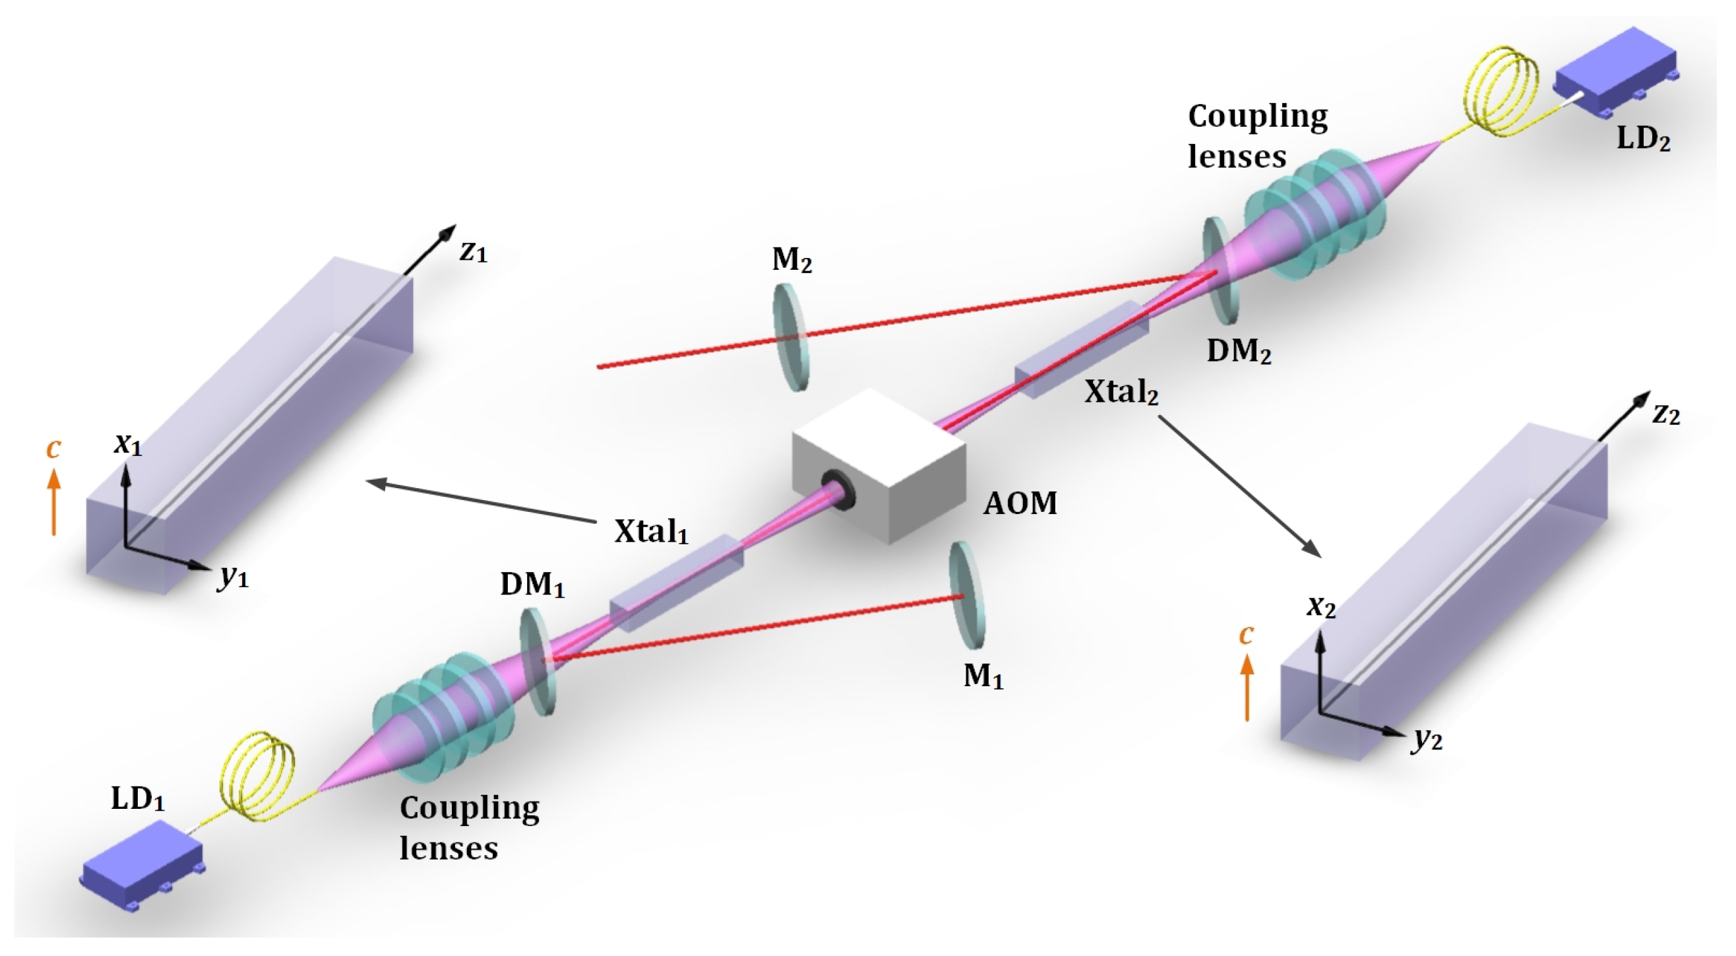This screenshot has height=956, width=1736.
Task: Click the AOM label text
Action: (x=1020, y=503)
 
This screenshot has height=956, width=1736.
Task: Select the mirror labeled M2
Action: (x=790, y=337)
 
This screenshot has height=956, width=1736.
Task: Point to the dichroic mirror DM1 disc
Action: (x=537, y=661)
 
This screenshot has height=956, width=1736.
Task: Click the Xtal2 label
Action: (x=1121, y=392)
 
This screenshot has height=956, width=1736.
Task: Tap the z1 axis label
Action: (x=473, y=252)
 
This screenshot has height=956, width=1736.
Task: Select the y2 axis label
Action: (x=1428, y=740)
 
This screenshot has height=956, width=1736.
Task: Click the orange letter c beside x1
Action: (x=53, y=449)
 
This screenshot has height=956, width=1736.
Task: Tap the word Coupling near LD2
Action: (x=1258, y=116)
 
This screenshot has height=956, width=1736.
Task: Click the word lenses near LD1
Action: (x=449, y=847)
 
